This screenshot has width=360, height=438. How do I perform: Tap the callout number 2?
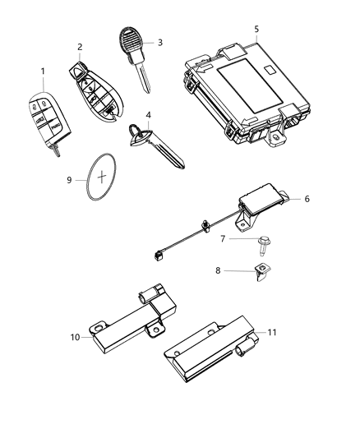tap(80, 47)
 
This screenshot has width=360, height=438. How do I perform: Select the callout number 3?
tap(159, 42)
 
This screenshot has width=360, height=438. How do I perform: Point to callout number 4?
tap(148, 115)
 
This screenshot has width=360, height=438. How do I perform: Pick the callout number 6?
tap(307, 199)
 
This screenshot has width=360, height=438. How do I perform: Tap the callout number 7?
tap(222, 238)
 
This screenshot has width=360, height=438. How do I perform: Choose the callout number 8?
tap(219, 270)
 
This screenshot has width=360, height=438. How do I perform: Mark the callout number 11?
tap(273, 333)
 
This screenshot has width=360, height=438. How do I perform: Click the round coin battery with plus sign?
tap(102, 175)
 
